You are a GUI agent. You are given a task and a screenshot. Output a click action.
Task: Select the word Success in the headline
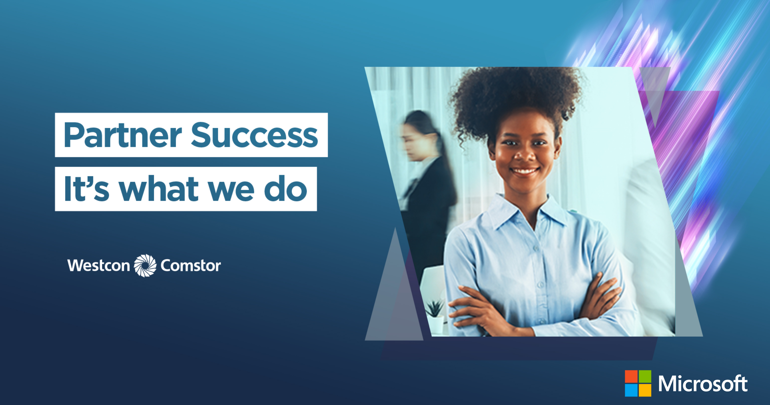254,135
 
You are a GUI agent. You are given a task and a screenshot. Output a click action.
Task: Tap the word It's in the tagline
87,188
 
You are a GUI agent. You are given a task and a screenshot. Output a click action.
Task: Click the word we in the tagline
231,191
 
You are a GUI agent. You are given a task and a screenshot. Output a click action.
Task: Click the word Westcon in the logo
99,265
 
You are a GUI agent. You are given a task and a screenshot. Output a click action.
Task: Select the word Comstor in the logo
191,265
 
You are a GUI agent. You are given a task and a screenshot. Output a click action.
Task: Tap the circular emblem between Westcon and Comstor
145,265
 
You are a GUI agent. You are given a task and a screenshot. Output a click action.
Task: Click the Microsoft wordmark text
703,384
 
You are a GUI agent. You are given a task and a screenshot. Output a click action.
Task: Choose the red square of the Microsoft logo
631,377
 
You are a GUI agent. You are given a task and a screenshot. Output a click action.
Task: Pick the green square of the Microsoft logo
645,377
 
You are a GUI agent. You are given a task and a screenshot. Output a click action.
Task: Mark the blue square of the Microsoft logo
631,390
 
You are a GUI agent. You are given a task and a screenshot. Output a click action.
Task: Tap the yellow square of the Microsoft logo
645,390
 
